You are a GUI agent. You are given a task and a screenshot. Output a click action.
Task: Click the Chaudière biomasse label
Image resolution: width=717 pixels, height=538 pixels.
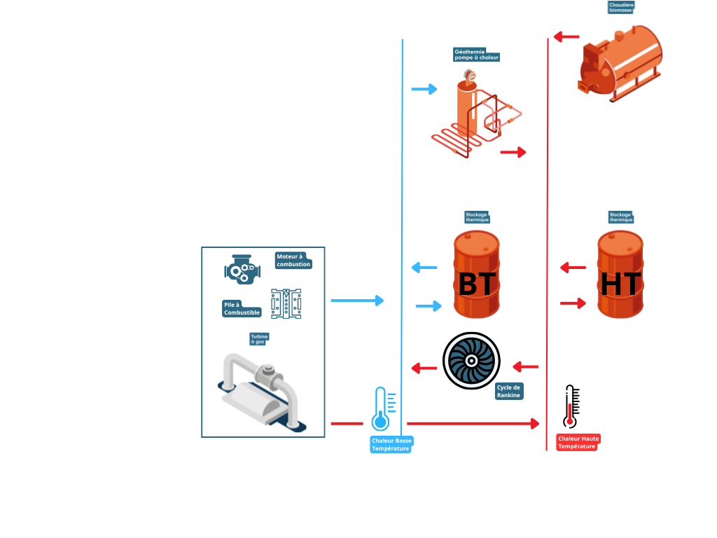tap(620, 8)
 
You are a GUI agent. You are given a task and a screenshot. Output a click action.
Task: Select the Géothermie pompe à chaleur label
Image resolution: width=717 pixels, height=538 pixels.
tap(477, 55)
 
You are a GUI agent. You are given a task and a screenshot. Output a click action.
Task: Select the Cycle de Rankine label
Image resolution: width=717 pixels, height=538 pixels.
tap(508, 391)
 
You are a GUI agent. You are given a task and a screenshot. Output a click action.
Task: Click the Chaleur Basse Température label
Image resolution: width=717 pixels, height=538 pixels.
tap(391, 444)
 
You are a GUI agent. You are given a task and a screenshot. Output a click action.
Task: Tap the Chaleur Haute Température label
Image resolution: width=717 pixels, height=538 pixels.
tap(578, 442)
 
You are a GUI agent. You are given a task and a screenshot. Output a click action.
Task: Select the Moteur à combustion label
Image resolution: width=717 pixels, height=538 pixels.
tap(293, 261)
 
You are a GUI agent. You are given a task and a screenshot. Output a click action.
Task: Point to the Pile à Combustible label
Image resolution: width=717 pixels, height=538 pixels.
tap(242, 308)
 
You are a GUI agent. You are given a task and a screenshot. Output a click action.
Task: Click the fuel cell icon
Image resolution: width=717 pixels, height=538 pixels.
tap(286, 304)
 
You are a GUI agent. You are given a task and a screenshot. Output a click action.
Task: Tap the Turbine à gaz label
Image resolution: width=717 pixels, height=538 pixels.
tap(259, 339)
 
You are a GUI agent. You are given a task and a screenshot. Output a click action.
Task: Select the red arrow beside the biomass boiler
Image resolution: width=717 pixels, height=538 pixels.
tap(566, 36)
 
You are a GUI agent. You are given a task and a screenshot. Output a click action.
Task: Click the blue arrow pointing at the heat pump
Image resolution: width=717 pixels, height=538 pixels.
tap(424, 89)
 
